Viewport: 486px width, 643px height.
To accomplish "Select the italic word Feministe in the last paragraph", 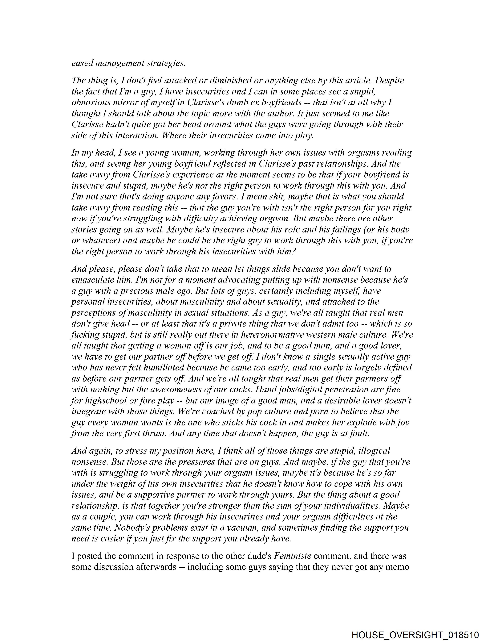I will (x=292, y=556).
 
